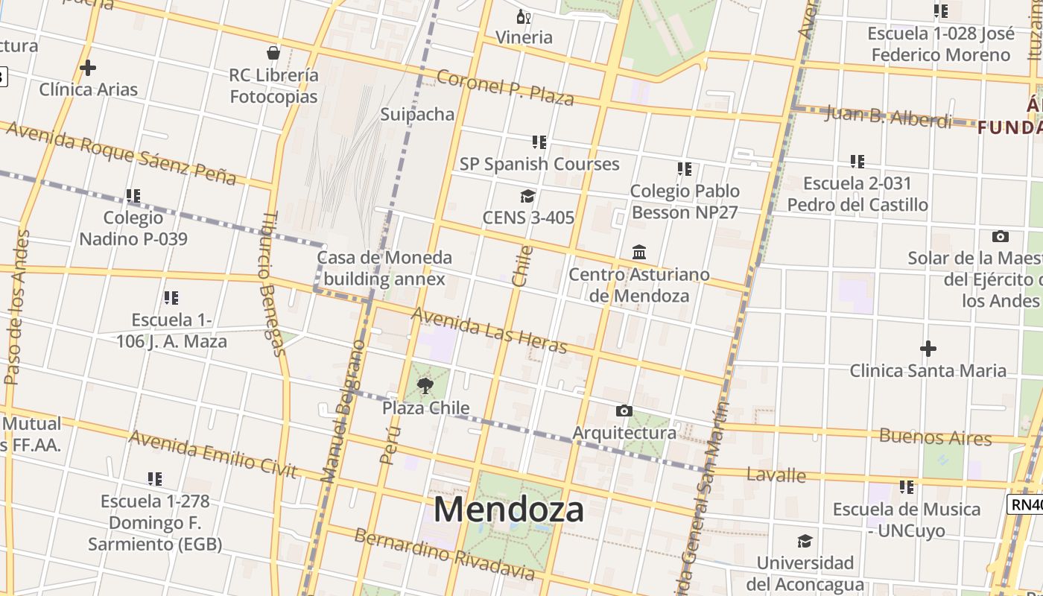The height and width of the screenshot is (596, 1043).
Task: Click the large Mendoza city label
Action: tap(509, 510)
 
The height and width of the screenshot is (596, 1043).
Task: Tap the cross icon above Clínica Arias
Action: tap(88, 68)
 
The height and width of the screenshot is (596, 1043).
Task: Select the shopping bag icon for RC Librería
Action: tap(273, 53)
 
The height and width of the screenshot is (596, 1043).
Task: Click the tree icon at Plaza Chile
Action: tap(425, 385)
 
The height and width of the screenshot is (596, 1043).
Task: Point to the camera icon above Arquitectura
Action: tap(624, 410)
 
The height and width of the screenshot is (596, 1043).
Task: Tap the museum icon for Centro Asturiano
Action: tap(639, 253)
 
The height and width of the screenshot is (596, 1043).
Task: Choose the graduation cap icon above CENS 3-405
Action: tap(527, 196)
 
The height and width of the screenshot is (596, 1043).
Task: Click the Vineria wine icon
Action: tap(524, 16)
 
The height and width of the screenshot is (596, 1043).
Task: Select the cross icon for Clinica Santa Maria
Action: tap(928, 348)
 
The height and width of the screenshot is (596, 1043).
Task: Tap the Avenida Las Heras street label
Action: tap(489, 331)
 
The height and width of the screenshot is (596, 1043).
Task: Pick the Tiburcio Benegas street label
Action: tap(273, 283)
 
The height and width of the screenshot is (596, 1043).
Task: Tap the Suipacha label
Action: tap(417, 114)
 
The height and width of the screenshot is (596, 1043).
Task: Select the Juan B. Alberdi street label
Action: tap(888, 116)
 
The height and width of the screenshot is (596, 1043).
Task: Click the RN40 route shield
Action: tap(1026, 504)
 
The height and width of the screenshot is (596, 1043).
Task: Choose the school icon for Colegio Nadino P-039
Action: tap(133, 196)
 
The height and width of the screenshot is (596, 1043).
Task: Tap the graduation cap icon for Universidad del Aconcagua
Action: tap(805, 541)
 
